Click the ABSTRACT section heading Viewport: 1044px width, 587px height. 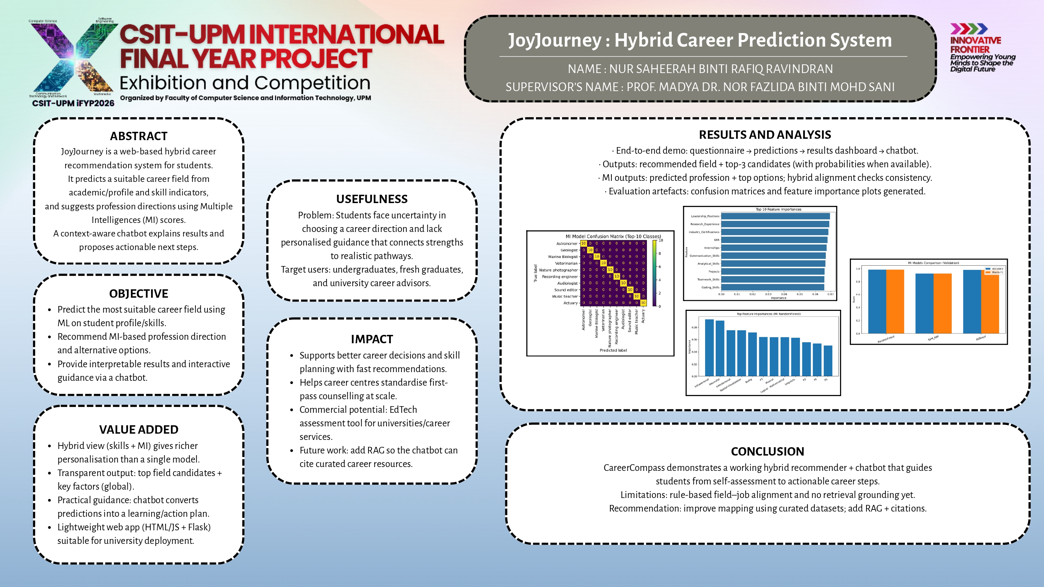139,136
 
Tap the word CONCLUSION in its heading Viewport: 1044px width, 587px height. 767,451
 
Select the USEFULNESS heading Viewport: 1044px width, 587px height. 372,199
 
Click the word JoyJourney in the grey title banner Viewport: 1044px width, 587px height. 554,40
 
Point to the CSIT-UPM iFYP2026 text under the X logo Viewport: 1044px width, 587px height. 73,103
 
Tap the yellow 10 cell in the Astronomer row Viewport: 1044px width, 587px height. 584,243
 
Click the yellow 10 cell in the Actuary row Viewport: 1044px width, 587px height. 643,303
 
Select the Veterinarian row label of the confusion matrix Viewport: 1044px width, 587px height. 566,263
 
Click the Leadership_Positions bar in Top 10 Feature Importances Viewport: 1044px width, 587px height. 775,216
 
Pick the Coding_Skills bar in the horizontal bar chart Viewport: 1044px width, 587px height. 773,287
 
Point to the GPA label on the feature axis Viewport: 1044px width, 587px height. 717,240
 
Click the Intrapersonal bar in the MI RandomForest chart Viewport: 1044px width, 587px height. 709,348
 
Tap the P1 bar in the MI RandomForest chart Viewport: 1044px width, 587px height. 828,361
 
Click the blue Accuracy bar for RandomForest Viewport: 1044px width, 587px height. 877,301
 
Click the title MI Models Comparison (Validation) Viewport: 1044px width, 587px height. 933,263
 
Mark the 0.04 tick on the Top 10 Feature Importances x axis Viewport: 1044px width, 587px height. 784,294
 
